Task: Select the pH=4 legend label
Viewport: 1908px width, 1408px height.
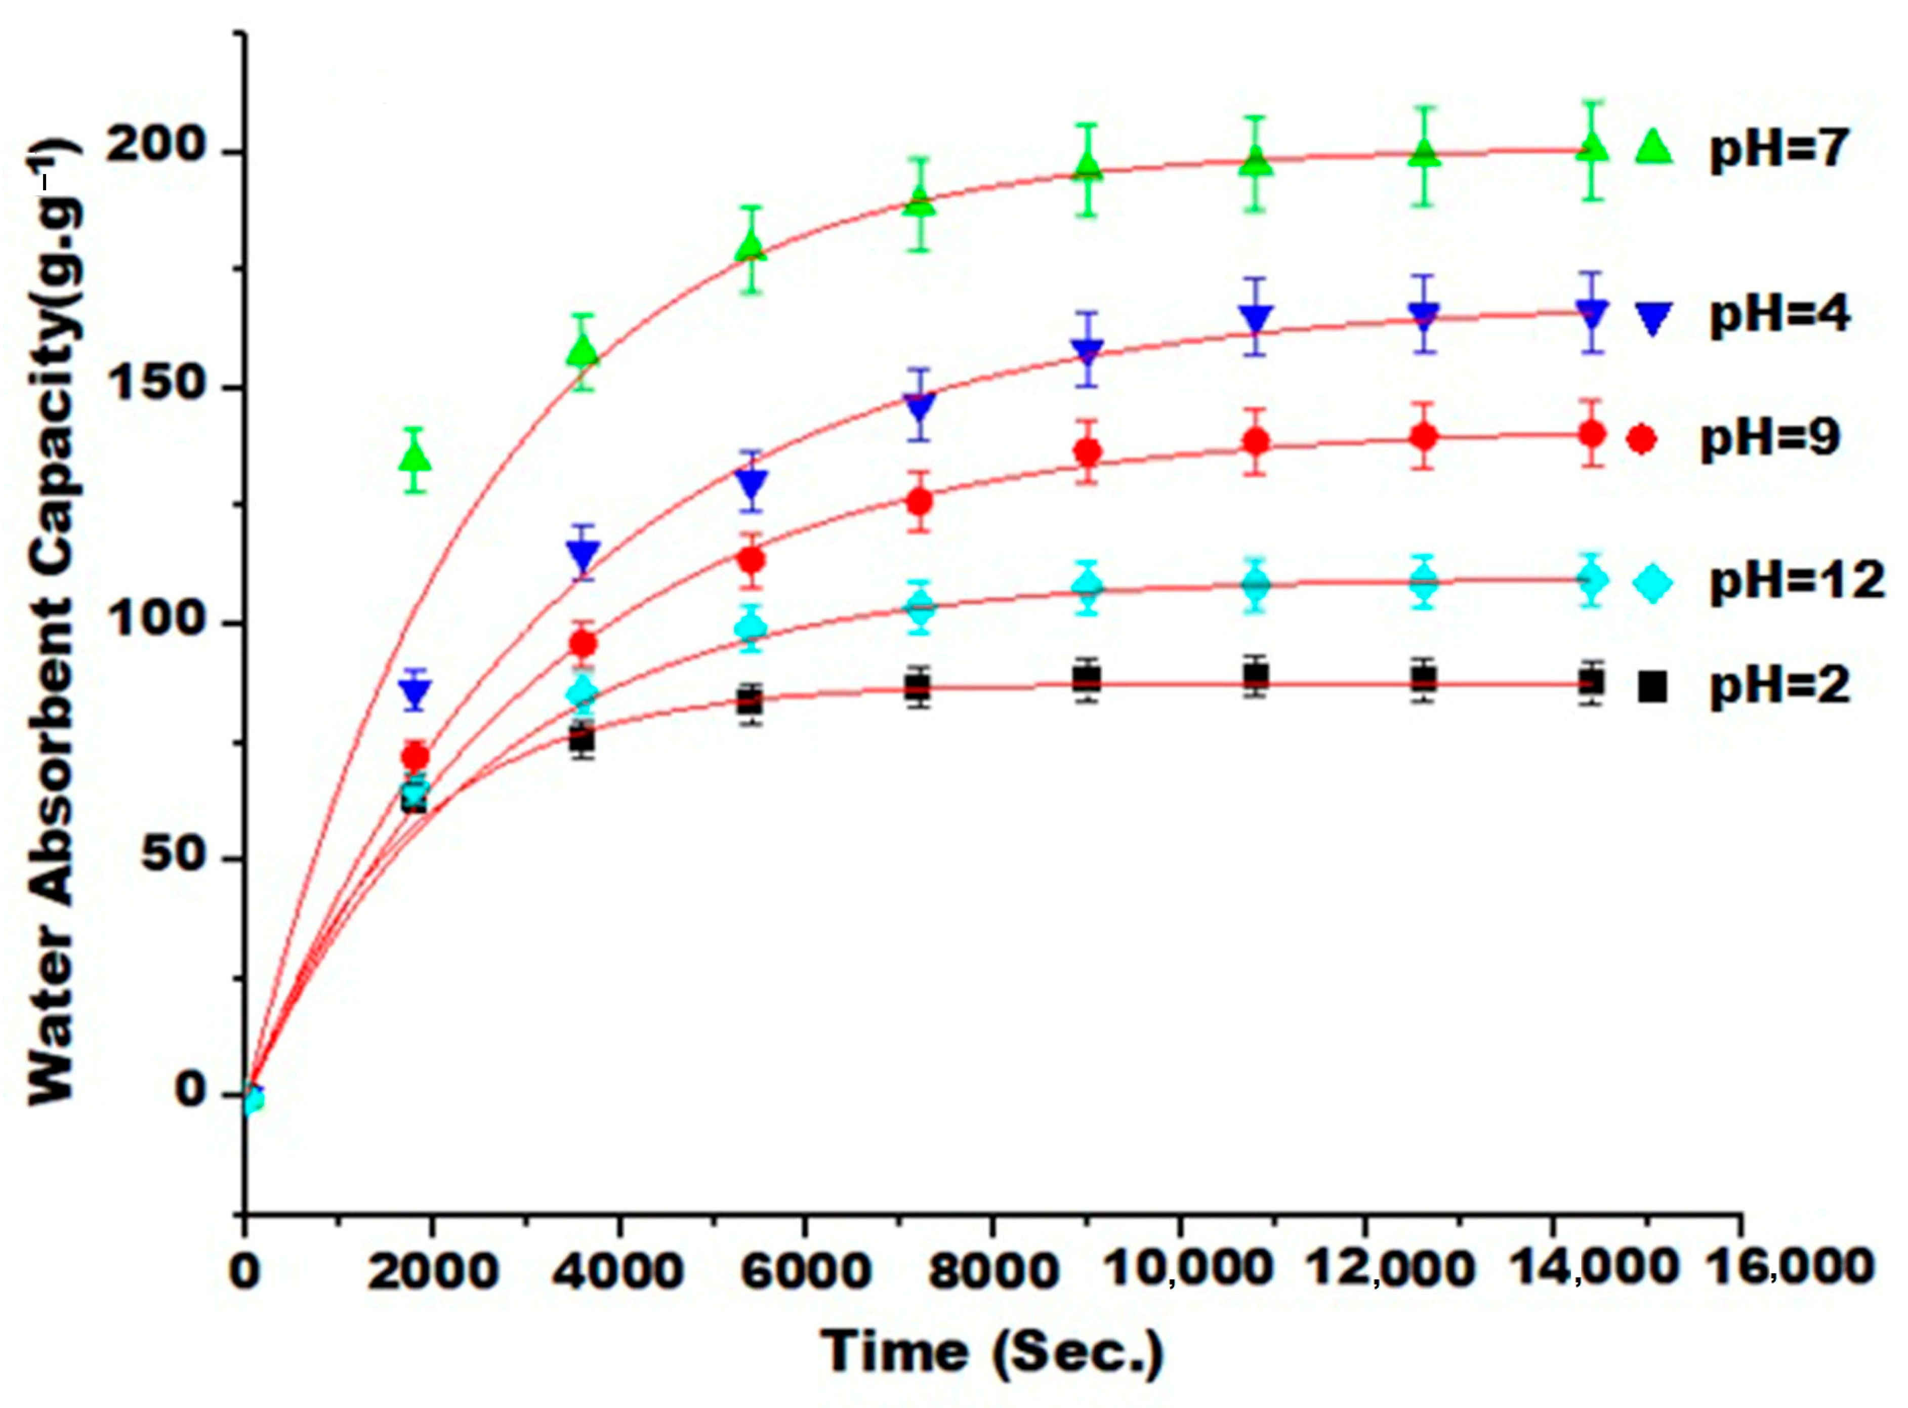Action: (1779, 315)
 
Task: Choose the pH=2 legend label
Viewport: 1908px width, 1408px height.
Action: (1779, 686)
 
